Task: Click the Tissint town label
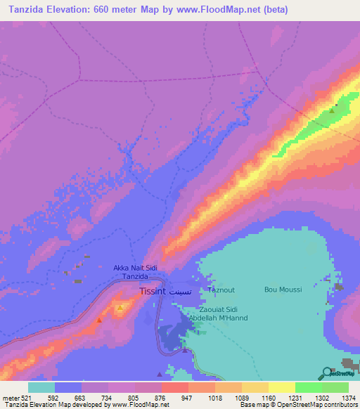pyautogui.click(x=152, y=290)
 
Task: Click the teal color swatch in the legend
pyautogui.click(x=41, y=387)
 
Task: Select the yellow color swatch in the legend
pyautogui.click(x=282, y=387)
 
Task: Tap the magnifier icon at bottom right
pyautogui.click(x=325, y=373)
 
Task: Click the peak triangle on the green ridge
pyautogui.click(x=333, y=110)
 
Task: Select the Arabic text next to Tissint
pyautogui.click(x=180, y=290)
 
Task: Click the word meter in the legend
pyautogui.click(x=11, y=398)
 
